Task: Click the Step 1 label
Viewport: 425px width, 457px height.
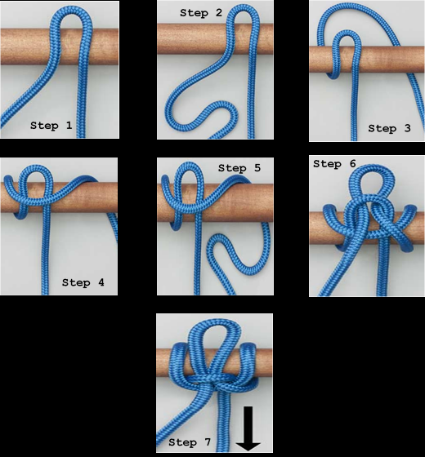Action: coord(51,126)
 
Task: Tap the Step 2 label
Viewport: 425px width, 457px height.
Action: coord(201,12)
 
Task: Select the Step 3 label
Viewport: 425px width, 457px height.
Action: coord(389,128)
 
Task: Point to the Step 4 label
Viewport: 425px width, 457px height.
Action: coord(83,282)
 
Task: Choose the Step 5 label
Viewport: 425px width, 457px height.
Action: coord(239,168)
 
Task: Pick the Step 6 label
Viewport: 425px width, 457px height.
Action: coord(334,164)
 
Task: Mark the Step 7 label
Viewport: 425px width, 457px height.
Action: coord(190,442)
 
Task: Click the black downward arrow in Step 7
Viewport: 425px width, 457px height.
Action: coord(248,428)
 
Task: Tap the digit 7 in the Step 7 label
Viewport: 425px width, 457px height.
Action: coord(208,441)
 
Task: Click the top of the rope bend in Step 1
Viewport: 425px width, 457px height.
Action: coord(72,9)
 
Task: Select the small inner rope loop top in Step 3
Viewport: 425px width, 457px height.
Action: coord(347,33)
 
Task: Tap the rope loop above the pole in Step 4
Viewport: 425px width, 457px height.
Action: coord(37,168)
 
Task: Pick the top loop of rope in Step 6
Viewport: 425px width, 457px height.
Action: coord(372,168)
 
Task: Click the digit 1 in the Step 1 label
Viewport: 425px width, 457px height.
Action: coord(69,126)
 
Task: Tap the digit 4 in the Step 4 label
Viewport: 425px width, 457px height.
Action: coord(101,282)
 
